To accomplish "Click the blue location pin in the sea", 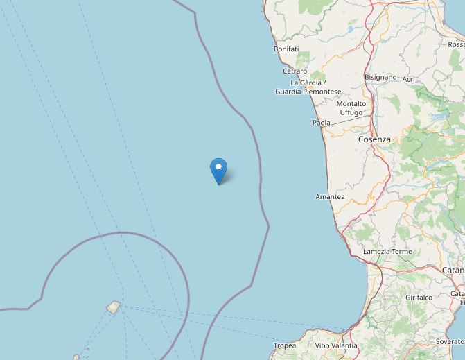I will coord(218,170).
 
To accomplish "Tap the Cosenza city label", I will coord(374,139).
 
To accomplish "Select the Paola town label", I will coord(322,123).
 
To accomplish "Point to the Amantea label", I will coord(330,197).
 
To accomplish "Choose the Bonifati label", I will coord(286,49).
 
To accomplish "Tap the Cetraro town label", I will coord(295,71).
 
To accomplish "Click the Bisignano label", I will coord(380,78).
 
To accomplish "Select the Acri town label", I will coord(408,79).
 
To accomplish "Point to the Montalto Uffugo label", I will coord(351,108).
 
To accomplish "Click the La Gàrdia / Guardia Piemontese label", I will coord(308,87).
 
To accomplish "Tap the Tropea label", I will coord(285,345).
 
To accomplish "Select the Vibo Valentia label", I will coord(336,345).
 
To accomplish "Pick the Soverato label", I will coord(450,342).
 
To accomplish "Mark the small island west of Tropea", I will coord(113,307).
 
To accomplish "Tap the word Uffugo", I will coord(351,112).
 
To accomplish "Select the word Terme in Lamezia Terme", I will coord(401,252).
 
